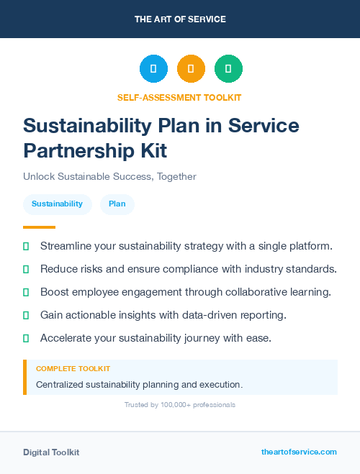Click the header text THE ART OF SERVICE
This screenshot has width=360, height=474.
tap(180, 19)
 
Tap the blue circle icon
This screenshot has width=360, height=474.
tap(153, 69)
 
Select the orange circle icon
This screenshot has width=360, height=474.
tap(191, 69)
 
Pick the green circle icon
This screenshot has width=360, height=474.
tap(228, 69)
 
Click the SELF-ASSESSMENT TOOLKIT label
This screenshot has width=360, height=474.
tap(180, 97)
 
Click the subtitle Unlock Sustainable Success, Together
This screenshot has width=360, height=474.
tap(109, 176)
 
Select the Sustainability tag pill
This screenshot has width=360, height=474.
tap(57, 204)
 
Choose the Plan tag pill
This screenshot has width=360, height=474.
tap(117, 204)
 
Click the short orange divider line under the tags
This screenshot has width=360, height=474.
tap(39, 227)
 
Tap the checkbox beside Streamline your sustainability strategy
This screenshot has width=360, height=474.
tap(26, 247)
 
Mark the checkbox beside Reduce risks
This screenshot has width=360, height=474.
tap(26, 270)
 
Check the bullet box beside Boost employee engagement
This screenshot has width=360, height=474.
tap(26, 293)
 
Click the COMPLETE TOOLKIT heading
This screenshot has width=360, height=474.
tap(73, 369)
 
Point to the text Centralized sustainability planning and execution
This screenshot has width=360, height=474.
tap(139, 385)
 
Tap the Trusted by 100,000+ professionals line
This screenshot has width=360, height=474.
tap(180, 405)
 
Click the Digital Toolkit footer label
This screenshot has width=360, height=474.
tap(51, 452)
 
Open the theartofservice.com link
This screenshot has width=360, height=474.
tap(299, 452)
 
